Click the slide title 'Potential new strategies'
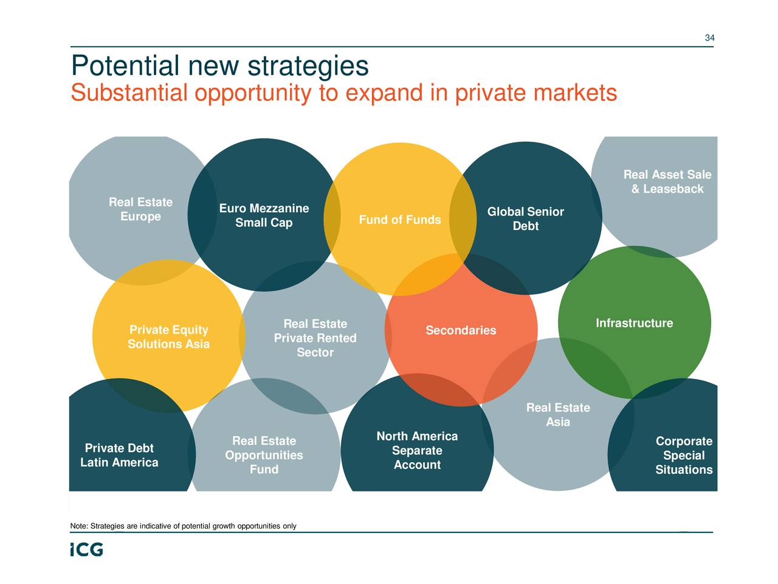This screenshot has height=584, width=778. (x=219, y=66)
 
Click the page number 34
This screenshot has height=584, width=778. (x=709, y=38)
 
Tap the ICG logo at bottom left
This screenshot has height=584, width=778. (x=86, y=549)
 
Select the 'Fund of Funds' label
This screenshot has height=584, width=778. (x=400, y=220)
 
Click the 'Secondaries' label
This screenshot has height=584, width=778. (x=461, y=330)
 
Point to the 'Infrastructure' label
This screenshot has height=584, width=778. (x=634, y=323)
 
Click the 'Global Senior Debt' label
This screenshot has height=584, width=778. (x=526, y=219)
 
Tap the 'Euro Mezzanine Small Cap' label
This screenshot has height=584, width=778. (x=264, y=216)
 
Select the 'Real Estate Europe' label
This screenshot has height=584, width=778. (x=140, y=209)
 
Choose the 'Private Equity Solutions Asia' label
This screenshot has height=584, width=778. (x=168, y=337)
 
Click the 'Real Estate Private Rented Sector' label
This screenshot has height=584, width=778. (x=315, y=338)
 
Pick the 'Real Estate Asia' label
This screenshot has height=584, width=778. (x=558, y=415)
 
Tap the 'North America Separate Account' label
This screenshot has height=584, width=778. (x=417, y=451)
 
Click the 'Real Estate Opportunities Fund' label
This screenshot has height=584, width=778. (x=264, y=455)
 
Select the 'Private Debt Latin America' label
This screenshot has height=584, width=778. (x=119, y=456)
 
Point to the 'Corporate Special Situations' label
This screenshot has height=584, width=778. (x=684, y=456)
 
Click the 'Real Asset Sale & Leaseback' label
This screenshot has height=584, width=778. (x=667, y=182)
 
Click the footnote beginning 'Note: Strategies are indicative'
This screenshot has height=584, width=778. (x=183, y=526)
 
